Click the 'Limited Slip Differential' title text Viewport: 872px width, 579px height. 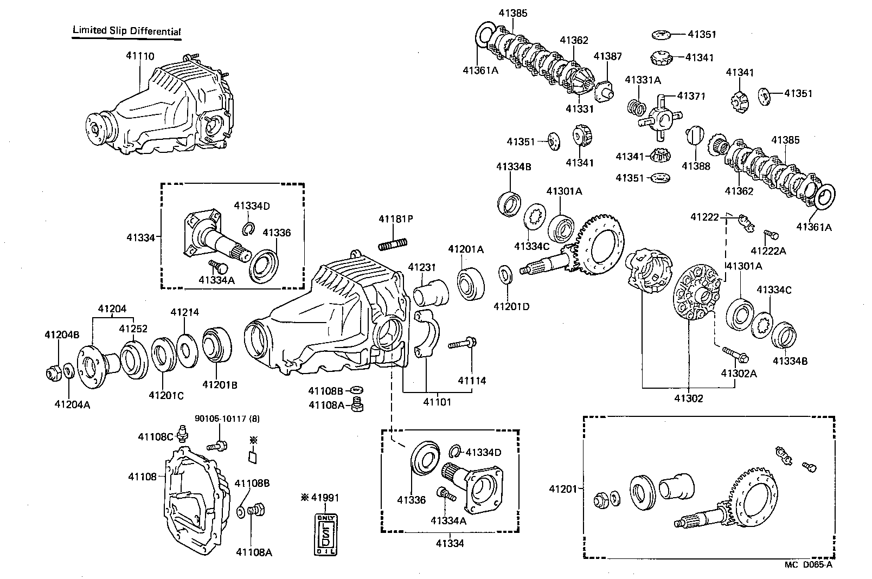point(126,31)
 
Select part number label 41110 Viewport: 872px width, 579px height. point(140,56)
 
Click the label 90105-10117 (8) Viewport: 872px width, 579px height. point(222,419)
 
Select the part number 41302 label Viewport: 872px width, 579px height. point(689,398)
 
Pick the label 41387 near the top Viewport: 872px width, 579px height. point(607,56)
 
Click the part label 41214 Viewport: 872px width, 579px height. point(184,312)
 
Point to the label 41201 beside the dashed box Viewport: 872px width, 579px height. point(563,488)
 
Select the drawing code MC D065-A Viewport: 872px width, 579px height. point(807,564)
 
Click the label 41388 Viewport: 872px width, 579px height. point(696,166)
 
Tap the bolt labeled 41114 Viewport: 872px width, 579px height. point(461,343)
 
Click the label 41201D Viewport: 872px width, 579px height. point(511,306)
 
